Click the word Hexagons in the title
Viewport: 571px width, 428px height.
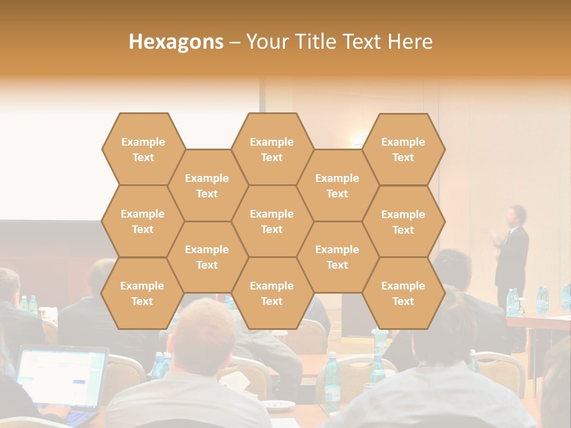pos(176,42)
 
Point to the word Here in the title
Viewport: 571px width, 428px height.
pos(410,42)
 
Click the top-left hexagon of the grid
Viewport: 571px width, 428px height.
pos(143,150)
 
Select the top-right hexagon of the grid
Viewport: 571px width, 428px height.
pos(403,150)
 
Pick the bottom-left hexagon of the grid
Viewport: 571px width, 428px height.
pos(142,294)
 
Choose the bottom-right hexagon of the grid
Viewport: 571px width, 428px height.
pos(403,294)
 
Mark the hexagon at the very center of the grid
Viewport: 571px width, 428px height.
pos(272,222)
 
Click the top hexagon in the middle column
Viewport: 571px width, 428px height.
pos(272,150)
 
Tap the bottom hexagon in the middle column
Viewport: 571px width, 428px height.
pos(272,294)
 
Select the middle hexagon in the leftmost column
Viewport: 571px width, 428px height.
pos(143,222)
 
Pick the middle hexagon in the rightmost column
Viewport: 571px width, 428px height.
pos(403,222)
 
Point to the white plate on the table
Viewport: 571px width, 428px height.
pos(280,405)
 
